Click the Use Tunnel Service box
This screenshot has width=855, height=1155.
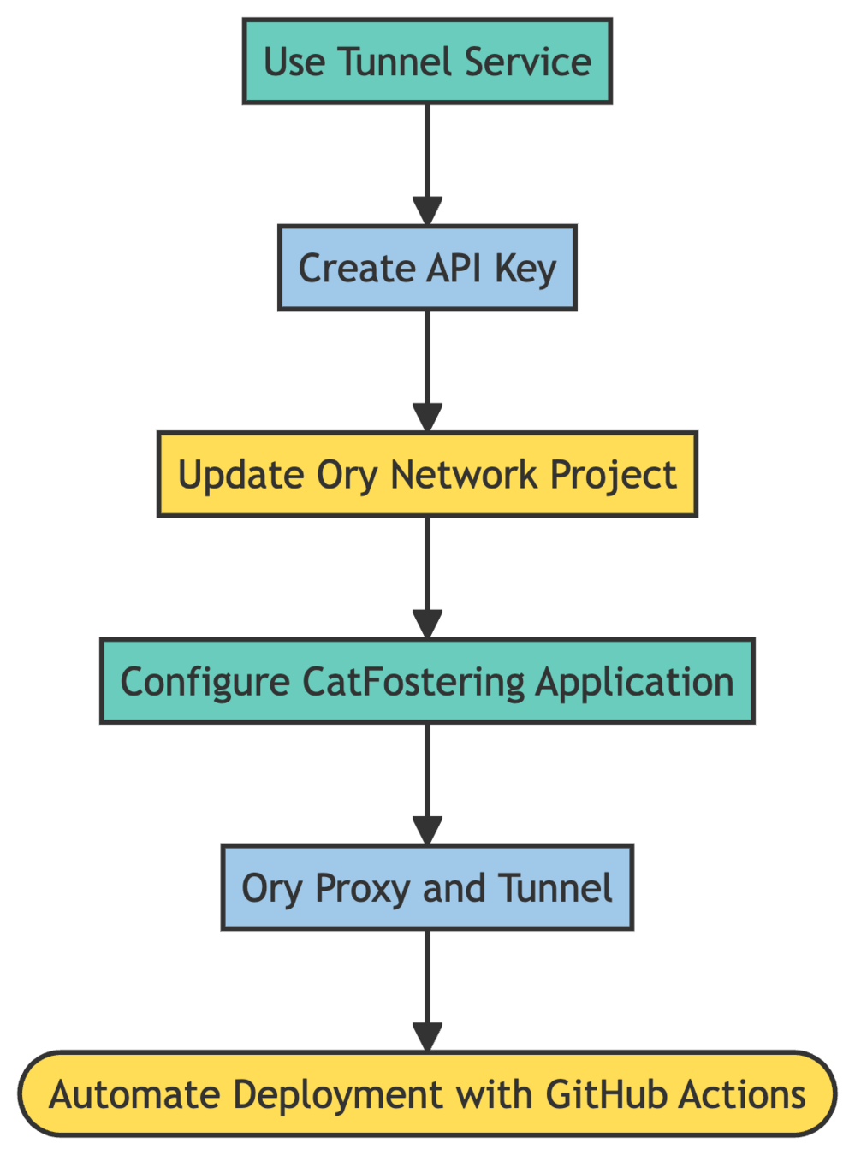coord(427,62)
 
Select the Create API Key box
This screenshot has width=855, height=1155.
coord(427,268)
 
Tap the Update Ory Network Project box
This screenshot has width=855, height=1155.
coord(427,475)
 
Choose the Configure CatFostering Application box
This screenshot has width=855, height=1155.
coord(427,681)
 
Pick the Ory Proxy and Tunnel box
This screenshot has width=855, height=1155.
coord(427,888)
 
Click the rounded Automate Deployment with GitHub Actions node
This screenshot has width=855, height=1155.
coord(427,1094)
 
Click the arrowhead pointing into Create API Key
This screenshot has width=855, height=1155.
coord(427,212)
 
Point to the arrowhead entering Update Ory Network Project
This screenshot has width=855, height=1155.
coord(427,418)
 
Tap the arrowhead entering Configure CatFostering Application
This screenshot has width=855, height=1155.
coord(427,625)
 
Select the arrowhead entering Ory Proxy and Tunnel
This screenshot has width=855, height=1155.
coord(427,832)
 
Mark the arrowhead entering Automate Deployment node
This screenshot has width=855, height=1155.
coord(427,1038)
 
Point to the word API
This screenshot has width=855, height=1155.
coord(454,269)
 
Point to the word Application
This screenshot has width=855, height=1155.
coord(635,683)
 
